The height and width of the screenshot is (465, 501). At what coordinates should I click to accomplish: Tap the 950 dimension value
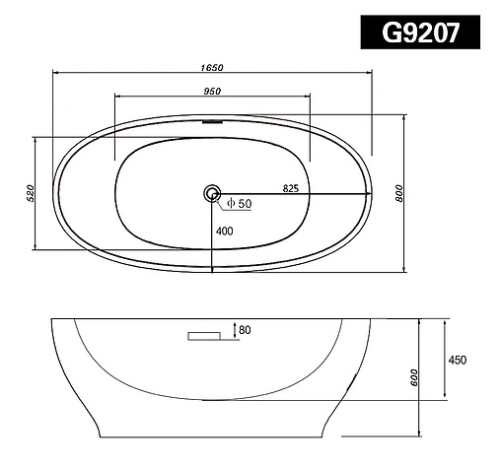click(211, 91)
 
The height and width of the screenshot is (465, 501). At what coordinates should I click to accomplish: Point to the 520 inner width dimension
click(31, 192)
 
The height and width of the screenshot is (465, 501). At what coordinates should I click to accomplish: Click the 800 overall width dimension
click(400, 194)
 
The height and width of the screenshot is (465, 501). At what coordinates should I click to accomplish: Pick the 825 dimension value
click(290, 186)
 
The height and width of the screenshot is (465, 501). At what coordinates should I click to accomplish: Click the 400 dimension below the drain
click(226, 232)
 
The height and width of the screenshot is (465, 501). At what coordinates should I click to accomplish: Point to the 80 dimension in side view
click(244, 330)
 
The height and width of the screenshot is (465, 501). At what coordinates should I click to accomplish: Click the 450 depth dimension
click(457, 360)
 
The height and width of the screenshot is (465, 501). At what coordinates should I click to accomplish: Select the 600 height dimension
click(415, 377)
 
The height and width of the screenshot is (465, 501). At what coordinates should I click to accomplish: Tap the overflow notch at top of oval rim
click(211, 123)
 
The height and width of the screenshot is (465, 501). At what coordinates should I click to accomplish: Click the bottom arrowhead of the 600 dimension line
click(420, 432)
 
